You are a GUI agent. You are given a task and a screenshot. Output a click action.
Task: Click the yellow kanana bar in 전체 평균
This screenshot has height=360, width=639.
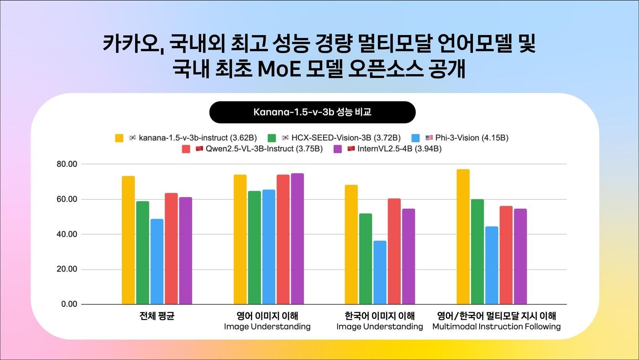point(128,240)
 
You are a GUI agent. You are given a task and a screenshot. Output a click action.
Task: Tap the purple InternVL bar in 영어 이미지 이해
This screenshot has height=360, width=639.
point(297,239)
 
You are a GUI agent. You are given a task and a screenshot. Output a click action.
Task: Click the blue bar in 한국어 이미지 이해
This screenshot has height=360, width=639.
point(380,272)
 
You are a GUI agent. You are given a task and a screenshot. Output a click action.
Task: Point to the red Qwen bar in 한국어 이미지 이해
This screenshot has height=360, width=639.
point(394,251)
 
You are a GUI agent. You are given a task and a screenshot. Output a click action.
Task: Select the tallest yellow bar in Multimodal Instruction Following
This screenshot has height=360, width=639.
point(463,237)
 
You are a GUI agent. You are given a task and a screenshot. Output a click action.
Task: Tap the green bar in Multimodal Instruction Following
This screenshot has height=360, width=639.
point(477,251)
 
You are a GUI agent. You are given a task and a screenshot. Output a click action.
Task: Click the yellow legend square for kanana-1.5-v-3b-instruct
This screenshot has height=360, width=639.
point(120,138)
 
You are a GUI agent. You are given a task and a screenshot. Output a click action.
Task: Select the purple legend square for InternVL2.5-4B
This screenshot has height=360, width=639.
point(338,149)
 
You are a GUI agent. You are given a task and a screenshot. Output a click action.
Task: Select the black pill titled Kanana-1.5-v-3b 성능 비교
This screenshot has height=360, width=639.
point(312,112)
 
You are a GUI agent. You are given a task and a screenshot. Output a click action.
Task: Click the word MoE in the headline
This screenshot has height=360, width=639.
point(281,70)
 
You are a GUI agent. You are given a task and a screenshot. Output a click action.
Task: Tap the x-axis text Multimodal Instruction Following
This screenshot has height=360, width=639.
point(496,327)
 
